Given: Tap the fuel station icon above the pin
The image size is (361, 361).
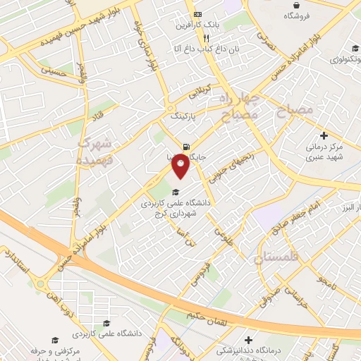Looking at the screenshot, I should pos(185,140).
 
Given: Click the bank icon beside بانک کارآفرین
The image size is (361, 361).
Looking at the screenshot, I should pos(198,15).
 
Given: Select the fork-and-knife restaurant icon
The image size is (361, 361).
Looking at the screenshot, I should pos(206,38).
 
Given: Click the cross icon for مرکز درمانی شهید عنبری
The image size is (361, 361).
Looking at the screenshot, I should pos(324,135).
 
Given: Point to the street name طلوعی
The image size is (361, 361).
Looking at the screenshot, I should pos(224,230).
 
